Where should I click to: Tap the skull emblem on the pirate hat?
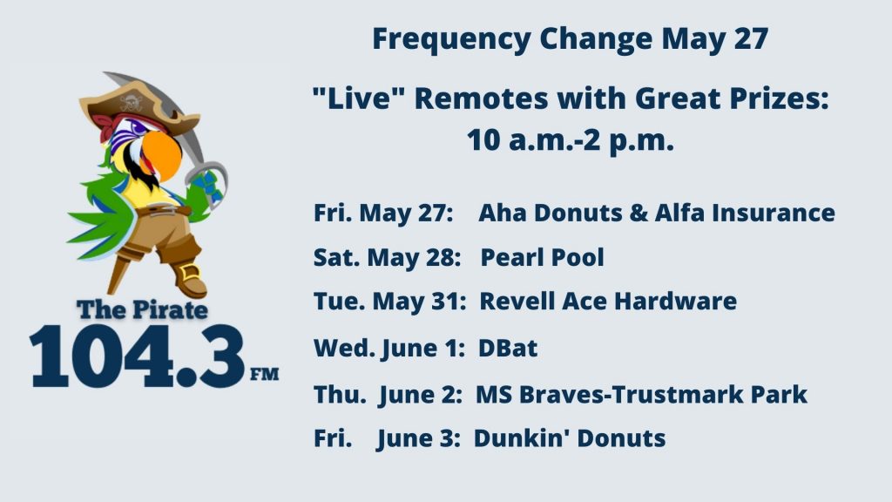(x=131, y=104)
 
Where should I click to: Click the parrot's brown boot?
(x=189, y=279)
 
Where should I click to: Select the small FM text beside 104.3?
(x=265, y=374)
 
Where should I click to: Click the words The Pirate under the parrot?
(x=142, y=309)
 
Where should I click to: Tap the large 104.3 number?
(x=137, y=356)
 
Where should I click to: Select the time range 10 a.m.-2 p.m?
(x=571, y=140)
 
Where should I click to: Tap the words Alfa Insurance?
(x=745, y=213)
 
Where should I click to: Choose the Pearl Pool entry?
(x=542, y=257)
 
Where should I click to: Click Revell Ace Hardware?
(x=608, y=301)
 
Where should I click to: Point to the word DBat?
(x=508, y=348)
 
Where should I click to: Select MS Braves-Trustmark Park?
(x=641, y=395)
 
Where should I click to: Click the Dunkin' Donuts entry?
(x=570, y=438)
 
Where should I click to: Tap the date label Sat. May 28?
(x=387, y=258)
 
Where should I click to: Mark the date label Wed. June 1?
(x=389, y=349)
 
